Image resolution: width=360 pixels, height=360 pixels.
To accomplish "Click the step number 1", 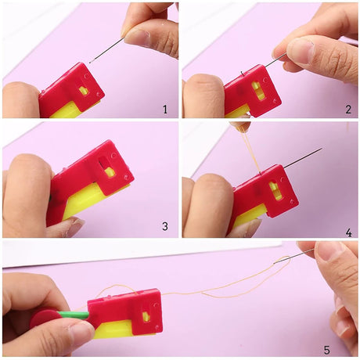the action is click(165, 109).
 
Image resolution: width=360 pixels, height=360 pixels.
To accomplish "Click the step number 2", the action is click(348, 109).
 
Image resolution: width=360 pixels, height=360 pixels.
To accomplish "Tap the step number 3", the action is click(165, 226).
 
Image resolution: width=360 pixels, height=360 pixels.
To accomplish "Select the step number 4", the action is click(348, 232).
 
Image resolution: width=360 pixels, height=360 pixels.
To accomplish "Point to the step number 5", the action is click(326, 350).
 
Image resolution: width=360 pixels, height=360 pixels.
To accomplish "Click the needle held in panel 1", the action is click(106, 50).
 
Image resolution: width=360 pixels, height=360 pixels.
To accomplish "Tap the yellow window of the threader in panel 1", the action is click(84, 91).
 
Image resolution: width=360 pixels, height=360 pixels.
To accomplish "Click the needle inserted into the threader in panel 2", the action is click(276, 59).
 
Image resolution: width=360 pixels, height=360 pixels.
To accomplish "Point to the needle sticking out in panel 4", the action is click(303, 157).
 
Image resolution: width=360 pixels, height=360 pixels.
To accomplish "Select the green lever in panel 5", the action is click(73, 315).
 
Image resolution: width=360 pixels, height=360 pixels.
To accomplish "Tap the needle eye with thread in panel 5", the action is click(276, 261).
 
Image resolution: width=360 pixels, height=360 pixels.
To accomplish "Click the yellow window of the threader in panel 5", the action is click(146, 316).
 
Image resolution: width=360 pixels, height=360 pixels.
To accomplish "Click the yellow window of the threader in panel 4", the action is click(274, 190).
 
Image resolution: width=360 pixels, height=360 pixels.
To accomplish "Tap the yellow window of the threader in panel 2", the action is click(256, 91).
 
